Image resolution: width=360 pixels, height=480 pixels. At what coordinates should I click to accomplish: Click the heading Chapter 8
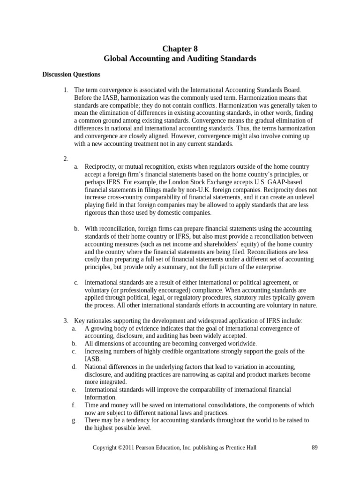(180, 49)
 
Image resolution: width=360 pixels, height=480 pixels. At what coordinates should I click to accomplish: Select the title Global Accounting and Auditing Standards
(180, 59)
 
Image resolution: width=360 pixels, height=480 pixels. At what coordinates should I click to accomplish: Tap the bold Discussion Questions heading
(71, 75)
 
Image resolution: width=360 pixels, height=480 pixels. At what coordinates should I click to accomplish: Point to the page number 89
(315, 448)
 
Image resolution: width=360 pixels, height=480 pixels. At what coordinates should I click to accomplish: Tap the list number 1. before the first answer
(66, 90)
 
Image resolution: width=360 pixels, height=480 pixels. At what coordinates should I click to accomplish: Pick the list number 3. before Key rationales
(66, 321)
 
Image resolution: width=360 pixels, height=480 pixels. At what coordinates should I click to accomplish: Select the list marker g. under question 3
(75, 420)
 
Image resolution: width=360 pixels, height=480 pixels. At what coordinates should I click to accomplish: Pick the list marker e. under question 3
(75, 390)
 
